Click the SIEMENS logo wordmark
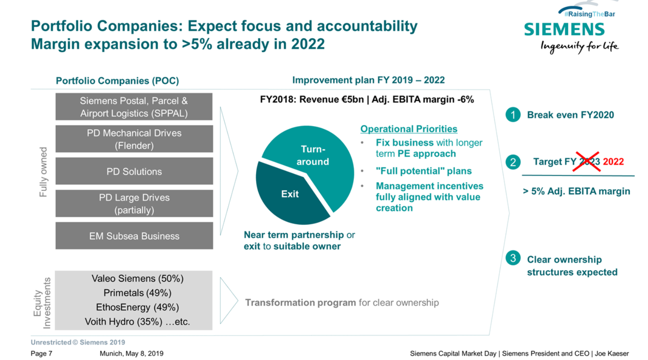564,30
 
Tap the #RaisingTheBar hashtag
589,14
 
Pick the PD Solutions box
134,171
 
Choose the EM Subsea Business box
134,236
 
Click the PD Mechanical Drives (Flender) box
134,139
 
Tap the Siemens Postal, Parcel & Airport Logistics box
134,107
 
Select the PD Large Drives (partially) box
134,203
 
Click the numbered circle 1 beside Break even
513,115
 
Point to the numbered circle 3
513,258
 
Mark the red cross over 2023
587,162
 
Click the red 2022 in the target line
613,162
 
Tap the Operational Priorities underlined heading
409,129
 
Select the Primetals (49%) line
137,293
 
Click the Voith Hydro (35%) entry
123,322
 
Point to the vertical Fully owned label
43,172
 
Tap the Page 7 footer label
41,353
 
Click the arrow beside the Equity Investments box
228,300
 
